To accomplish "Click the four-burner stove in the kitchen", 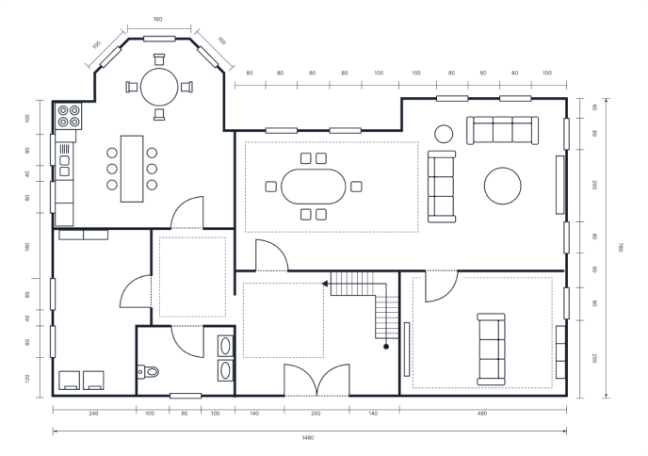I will (x=69, y=116).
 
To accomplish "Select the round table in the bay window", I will (x=158, y=88).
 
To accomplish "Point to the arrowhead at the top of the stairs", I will (x=325, y=283).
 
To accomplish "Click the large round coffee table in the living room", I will (x=503, y=186).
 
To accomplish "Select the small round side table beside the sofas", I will (x=442, y=134).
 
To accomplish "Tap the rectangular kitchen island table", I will (x=132, y=168).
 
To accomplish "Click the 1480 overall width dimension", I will (x=308, y=437).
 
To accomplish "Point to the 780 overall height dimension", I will (x=621, y=247).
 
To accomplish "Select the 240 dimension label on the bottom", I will (x=93, y=413).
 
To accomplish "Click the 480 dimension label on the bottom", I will (x=482, y=413).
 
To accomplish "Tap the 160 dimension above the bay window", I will (x=157, y=19).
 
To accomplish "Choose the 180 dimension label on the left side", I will (x=27, y=247).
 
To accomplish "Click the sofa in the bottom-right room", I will (x=489, y=349).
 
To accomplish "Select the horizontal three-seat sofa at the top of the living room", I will (x=503, y=130).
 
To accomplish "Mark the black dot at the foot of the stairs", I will (x=386, y=348).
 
